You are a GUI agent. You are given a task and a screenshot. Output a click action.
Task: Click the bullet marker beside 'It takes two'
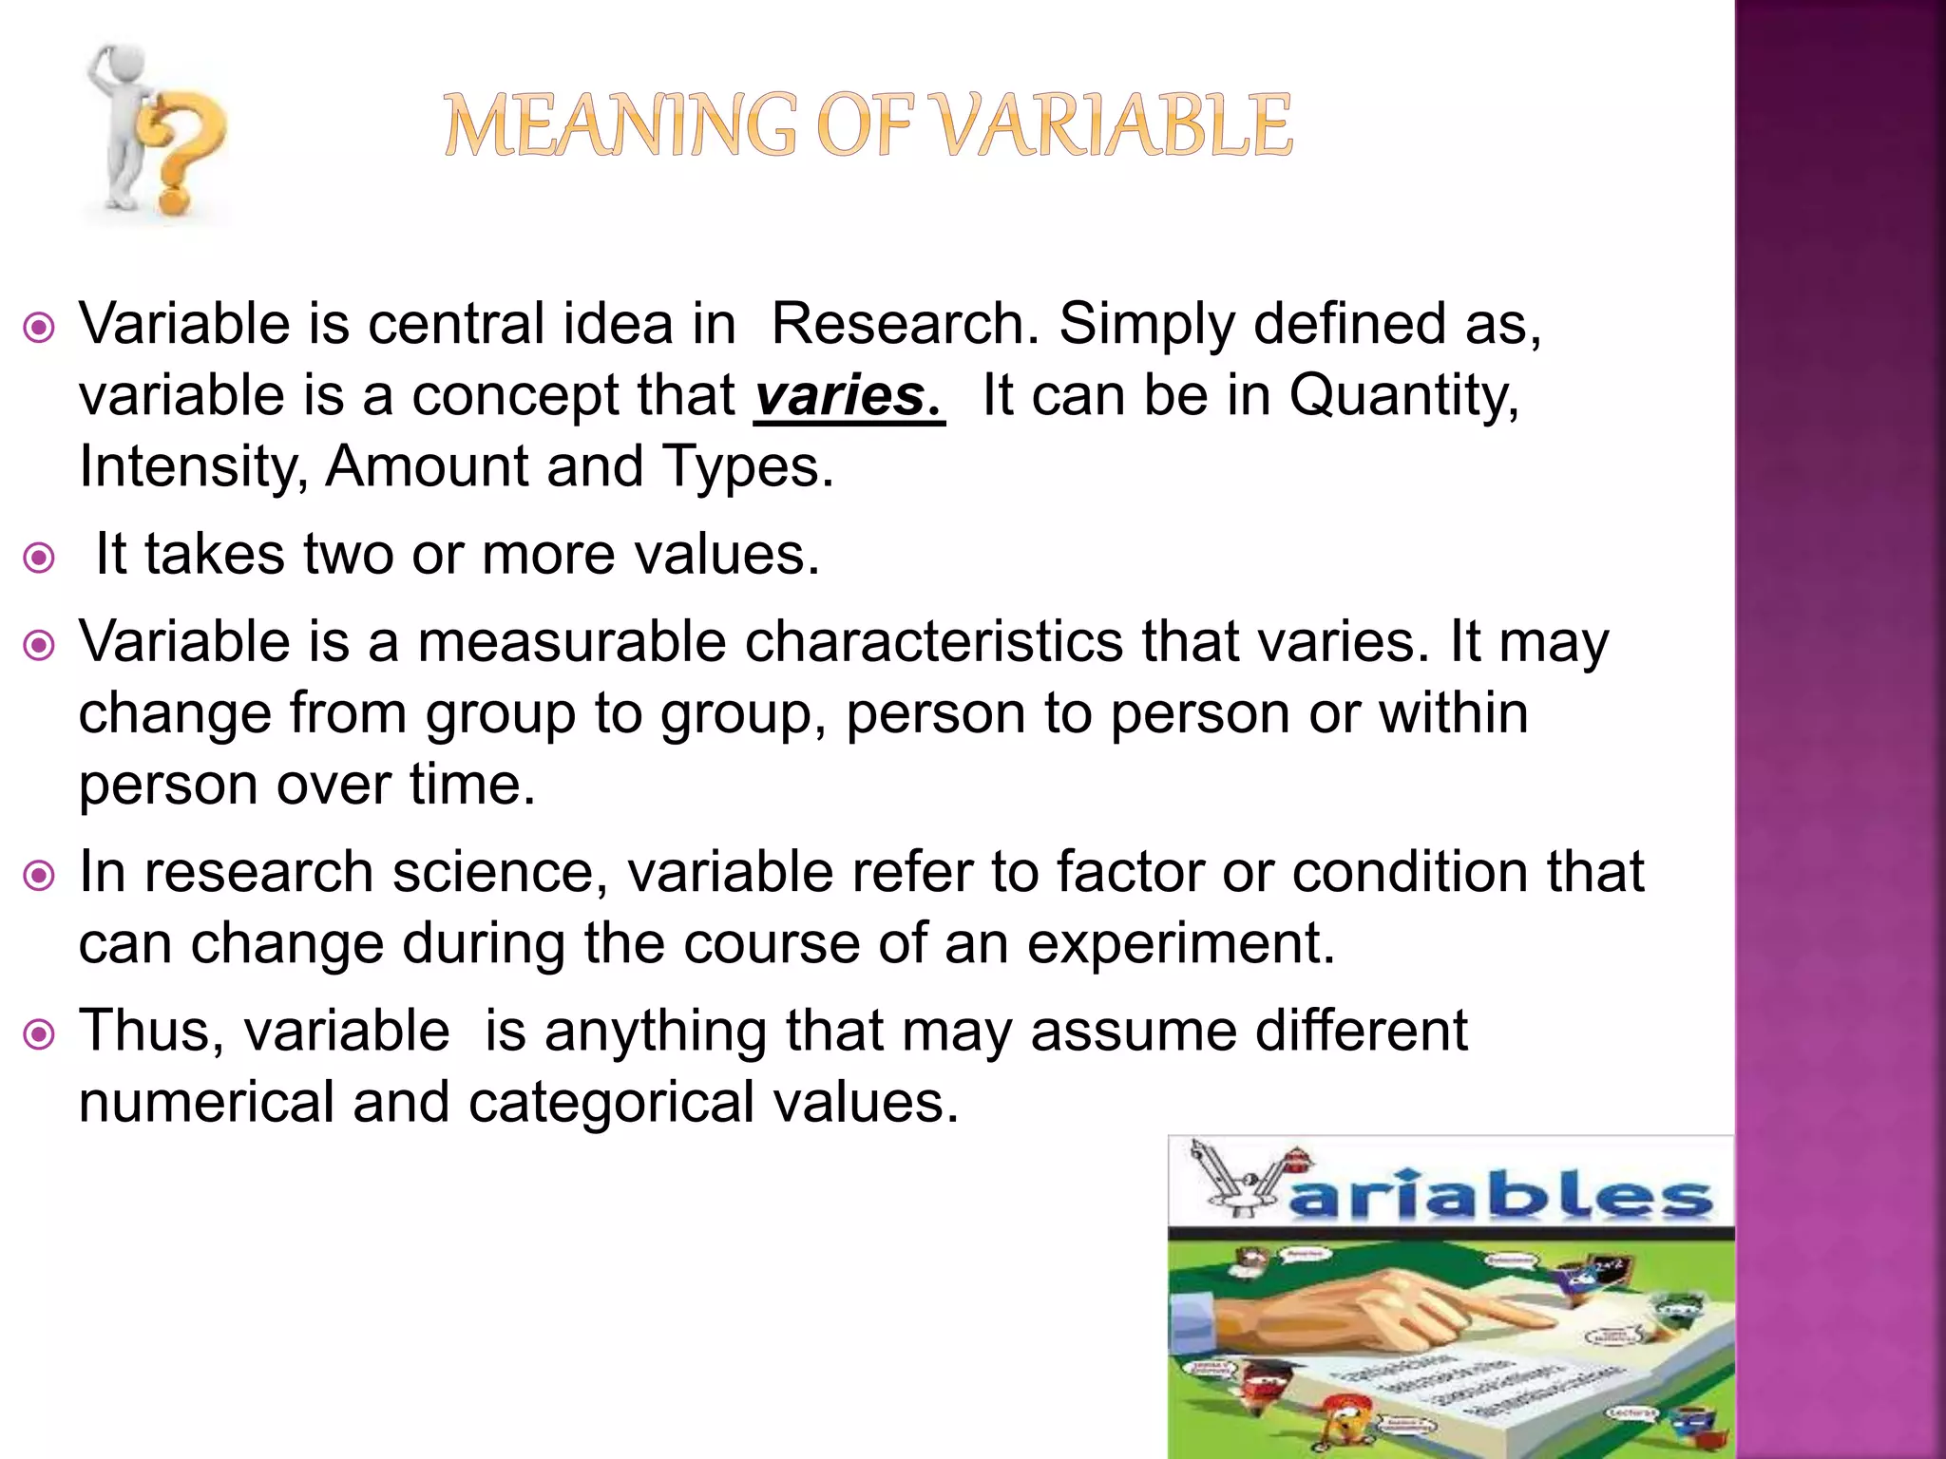pyautogui.click(x=39, y=558)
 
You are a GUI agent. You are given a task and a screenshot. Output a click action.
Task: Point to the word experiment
pyautogui.click(x=1180, y=943)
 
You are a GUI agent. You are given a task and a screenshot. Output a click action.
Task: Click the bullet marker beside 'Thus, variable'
pyautogui.click(x=39, y=1034)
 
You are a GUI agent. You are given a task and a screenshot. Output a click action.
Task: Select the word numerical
pyautogui.click(x=205, y=1103)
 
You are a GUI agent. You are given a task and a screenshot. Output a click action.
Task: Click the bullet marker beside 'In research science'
pyautogui.click(x=39, y=875)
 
